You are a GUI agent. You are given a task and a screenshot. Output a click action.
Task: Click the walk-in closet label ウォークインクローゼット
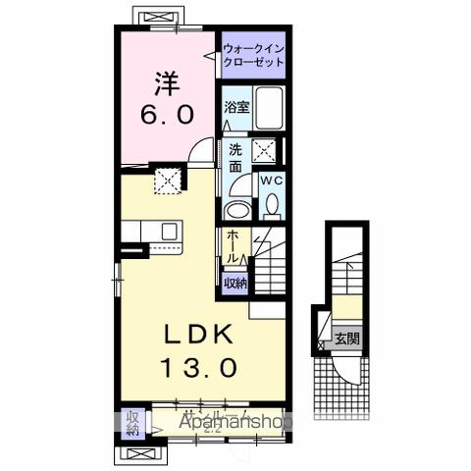pyautogui.click(x=253, y=55)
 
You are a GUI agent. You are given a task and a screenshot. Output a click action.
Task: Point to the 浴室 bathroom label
pyautogui.click(x=235, y=105)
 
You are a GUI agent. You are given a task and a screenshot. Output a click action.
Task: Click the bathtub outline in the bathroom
pyautogui.click(x=269, y=110)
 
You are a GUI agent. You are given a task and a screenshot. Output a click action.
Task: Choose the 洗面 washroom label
pyautogui.click(x=236, y=159)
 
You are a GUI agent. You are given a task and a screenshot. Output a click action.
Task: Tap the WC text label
pyautogui.click(x=271, y=180)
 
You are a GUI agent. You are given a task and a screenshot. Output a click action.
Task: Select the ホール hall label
pyautogui.click(x=232, y=246)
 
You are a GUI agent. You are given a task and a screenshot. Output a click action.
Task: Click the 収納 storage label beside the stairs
pyautogui.click(x=235, y=282)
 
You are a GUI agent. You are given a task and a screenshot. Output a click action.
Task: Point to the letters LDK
pyautogui.click(x=192, y=335)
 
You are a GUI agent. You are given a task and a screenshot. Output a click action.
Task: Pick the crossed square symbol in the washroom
pyautogui.click(x=264, y=150)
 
